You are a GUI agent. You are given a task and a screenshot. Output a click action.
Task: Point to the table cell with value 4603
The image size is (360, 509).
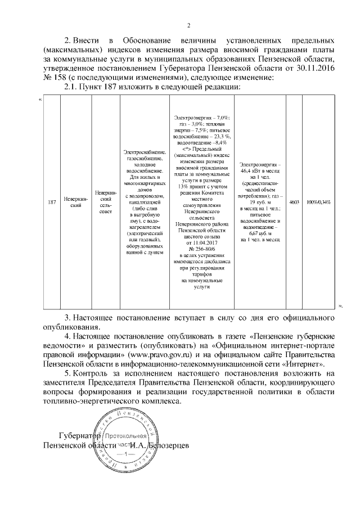coord(293,201)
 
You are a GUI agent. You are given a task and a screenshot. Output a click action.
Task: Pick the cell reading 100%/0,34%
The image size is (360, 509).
coord(318,201)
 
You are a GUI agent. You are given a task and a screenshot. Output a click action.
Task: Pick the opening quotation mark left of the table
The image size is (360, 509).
coord(39,100)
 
